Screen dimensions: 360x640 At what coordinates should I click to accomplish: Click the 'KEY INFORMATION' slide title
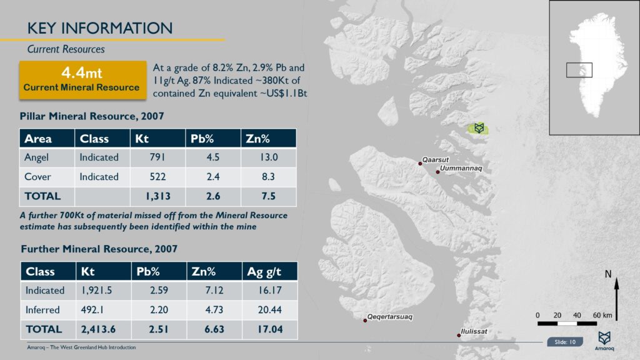(100, 28)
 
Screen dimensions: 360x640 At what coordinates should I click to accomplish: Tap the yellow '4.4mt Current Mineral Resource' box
(81, 80)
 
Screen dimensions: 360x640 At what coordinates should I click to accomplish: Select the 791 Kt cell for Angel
(157, 157)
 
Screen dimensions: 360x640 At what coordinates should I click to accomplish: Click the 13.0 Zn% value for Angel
(268, 157)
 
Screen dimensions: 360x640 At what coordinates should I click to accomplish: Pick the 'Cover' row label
(37, 177)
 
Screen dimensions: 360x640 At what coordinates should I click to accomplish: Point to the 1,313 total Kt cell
(157, 196)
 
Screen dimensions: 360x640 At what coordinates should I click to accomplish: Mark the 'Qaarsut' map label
(436, 159)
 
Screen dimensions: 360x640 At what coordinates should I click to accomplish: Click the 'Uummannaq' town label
(461, 169)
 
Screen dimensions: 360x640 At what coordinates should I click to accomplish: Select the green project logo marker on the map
(479, 128)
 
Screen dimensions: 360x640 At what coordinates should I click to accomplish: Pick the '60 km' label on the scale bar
(602, 314)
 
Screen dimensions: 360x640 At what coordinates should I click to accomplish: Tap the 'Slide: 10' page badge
(565, 342)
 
